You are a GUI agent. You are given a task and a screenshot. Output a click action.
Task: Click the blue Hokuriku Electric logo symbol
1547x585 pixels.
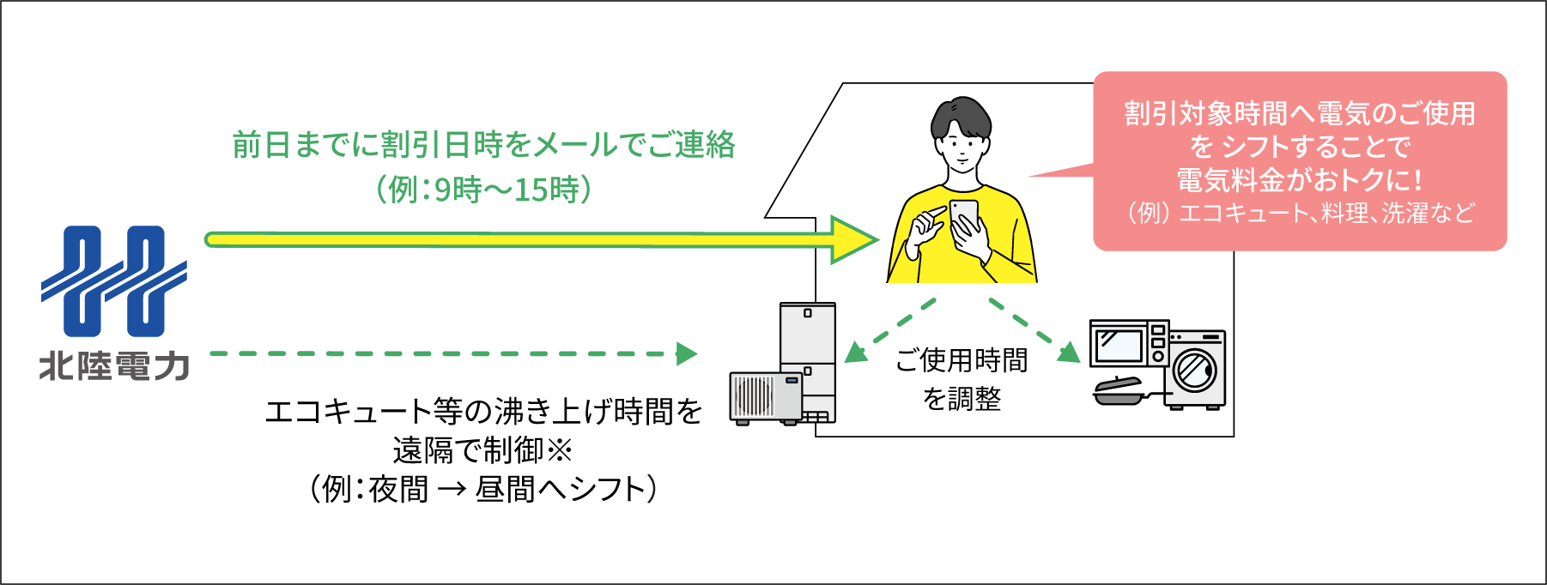tap(114, 281)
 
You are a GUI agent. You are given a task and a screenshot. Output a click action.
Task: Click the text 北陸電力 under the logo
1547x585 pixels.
tap(114, 366)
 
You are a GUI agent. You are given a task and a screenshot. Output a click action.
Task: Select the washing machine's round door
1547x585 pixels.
tap(1195, 370)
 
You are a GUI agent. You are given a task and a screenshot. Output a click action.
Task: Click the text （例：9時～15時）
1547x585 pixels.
tap(484, 190)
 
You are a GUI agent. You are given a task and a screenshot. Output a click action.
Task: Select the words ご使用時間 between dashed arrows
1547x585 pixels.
tap(962, 360)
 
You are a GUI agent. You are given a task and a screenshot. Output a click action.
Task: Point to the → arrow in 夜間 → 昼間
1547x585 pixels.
tap(452, 490)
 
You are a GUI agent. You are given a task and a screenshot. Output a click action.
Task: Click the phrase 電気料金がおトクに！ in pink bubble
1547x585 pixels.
tap(1299, 180)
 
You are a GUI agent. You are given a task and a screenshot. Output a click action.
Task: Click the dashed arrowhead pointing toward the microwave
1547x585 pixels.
tap(1069, 353)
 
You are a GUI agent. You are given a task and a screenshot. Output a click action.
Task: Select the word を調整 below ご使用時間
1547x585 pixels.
tap(962, 399)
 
